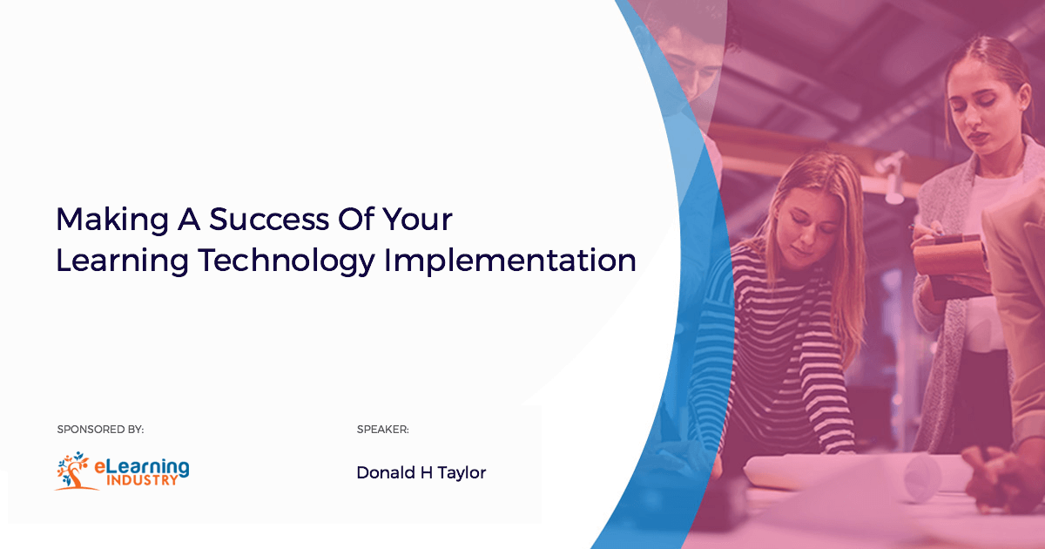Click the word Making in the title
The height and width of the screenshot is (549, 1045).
pos(112,220)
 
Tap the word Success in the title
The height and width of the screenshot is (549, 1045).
pos(269,220)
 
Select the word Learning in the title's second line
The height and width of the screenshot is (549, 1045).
pos(122,261)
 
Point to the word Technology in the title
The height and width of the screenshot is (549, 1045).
pos(287,261)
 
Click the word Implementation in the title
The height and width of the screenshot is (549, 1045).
pos(510,261)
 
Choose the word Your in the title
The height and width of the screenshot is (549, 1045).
pos(417,220)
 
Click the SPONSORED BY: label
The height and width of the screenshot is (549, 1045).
pos(100,430)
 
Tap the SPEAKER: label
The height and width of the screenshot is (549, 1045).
pos(382,430)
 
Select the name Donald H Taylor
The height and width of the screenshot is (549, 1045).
pos(421,473)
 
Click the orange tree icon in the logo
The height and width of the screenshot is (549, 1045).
pos(75,471)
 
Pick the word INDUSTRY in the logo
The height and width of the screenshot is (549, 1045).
pos(142,480)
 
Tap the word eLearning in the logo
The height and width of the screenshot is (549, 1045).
pos(142,467)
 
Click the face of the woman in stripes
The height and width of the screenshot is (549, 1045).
pos(809,224)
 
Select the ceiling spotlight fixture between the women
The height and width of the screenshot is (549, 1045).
pos(891,178)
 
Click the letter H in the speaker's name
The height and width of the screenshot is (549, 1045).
pos(427,473)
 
